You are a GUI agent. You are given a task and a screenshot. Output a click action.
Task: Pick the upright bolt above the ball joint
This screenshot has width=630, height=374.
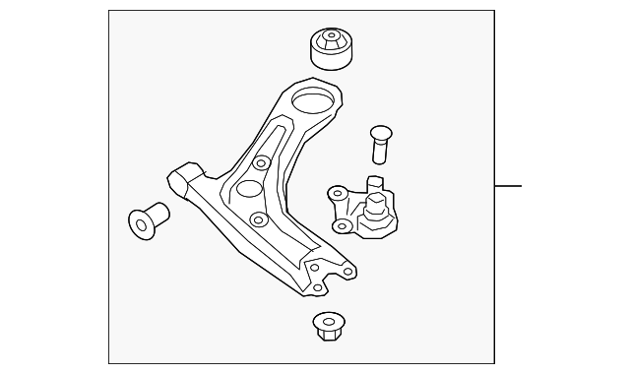tap(381, 143)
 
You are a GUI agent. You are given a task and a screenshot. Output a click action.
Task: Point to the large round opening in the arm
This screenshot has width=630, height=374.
tap(313, 100)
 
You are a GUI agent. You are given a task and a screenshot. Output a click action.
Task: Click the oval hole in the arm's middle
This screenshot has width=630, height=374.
tap(250, 190)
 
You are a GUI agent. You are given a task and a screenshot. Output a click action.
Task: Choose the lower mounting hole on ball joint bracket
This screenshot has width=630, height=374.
tap(342, 226)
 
